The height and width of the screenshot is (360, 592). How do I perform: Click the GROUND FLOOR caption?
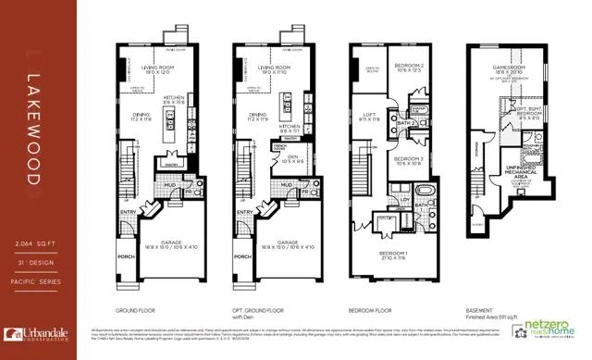(133, 311)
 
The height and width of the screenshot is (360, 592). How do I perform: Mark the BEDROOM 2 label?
(408, 65)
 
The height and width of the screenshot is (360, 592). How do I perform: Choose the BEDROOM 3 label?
(408, 158)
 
